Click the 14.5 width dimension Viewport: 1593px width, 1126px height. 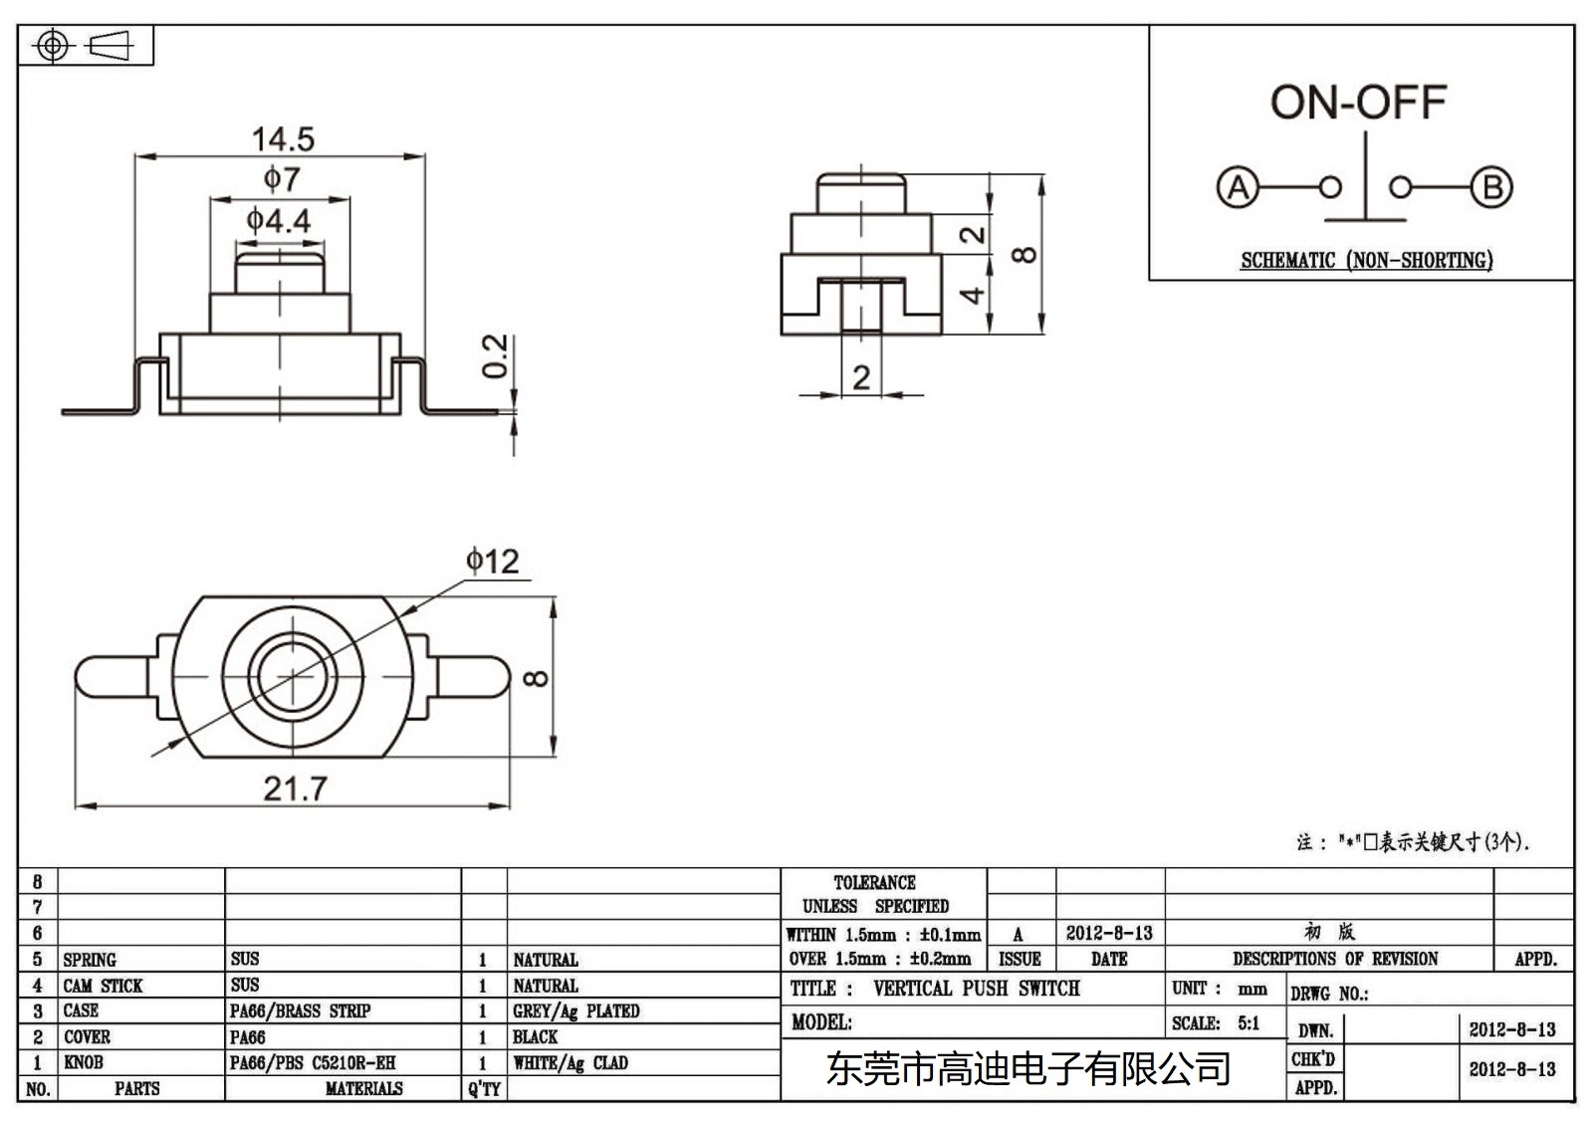click(x=283, y=139)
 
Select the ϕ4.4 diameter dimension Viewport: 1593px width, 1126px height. click(x=279, y=220)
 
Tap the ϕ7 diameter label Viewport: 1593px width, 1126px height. click(x=281, y=179)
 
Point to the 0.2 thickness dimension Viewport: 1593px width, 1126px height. click(x=495, y=356)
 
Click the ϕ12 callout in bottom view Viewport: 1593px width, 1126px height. click(x=493, y=562)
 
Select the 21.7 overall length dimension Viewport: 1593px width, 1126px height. click(x=295, y=788)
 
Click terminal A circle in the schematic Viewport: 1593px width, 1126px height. click(x=1238, y=187)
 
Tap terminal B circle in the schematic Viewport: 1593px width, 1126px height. click(x=1491, y=187)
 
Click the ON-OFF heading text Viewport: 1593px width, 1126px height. click(x=1358, y=103)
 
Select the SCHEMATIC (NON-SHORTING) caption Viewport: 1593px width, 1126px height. click(x=1366, y=261)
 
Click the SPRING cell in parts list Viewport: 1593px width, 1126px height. click(x=90, y=960)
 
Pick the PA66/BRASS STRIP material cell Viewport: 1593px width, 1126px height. click(x=300, y=1012)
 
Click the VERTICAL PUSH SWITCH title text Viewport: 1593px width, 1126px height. click(x=976, y=989)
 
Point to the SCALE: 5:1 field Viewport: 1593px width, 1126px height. click(x=1216, y=1023)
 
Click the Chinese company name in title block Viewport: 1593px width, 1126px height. click(x=1028, y=1069)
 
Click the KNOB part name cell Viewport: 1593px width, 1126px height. click(x=84, y=1062)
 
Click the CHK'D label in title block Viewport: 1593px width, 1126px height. click(x=1313, y=1059)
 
